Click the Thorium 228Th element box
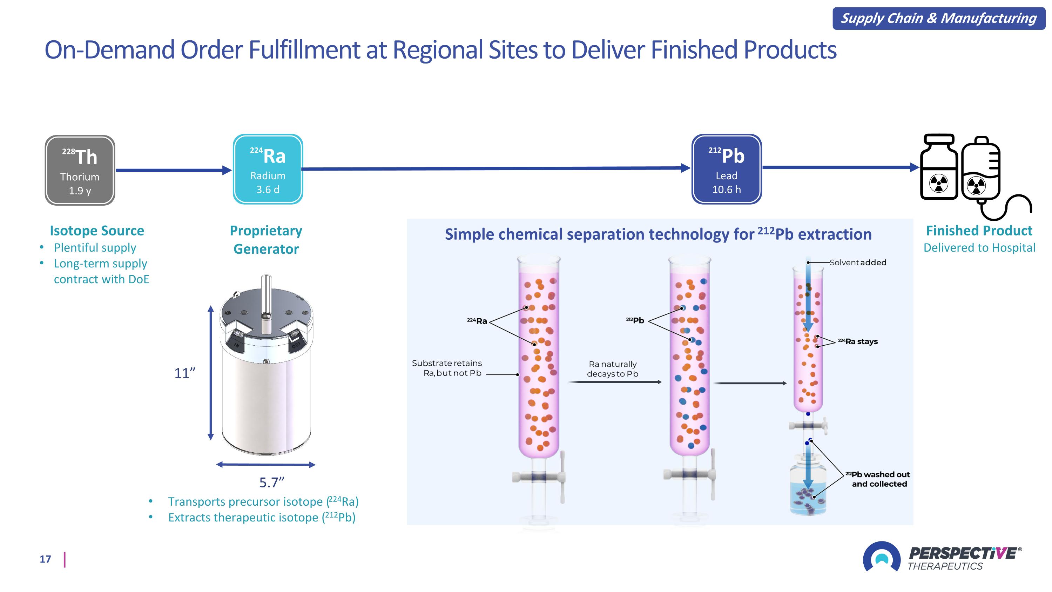coord(80,170)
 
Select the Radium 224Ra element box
coord(268,169)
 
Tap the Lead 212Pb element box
coord(727,169)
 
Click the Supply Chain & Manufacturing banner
coord(938,18)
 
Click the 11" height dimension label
coord(184,373)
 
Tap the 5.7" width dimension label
coord(271,483)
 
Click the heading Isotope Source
coord(97,231)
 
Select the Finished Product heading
coord(979,231)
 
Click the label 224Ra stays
coord(858,341)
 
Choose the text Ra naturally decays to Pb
coord(613,368)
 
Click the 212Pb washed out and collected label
coord(878,479)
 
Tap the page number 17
coord(45,559)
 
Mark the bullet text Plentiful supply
coord(95,248)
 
